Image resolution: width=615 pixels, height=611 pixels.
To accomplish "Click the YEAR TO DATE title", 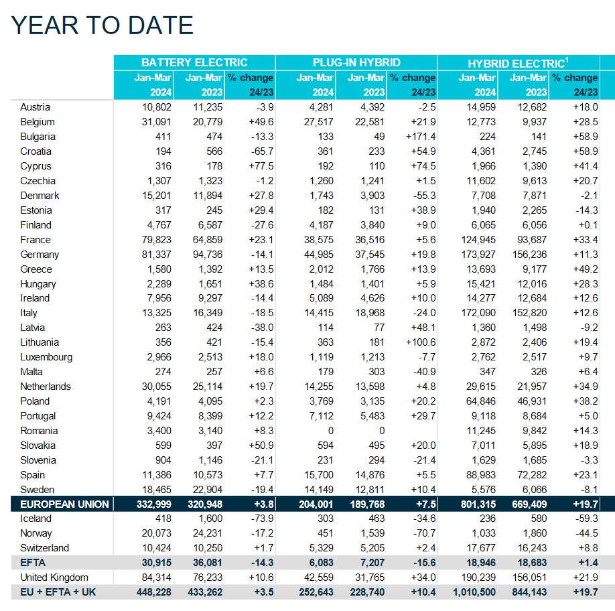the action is point(102,25).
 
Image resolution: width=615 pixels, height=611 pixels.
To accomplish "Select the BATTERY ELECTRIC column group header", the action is point(194,63).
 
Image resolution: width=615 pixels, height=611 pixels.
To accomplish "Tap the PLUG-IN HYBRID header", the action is point(356,63).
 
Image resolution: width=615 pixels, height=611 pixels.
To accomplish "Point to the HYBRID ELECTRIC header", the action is point(518,63).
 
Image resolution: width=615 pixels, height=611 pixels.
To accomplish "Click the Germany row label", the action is point(40,255).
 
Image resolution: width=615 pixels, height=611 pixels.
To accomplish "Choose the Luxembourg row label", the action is point(46,357).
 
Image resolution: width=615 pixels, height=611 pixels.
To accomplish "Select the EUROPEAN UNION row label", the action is point(64,504).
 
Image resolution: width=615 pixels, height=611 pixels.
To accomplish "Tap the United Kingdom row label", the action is point(54,578).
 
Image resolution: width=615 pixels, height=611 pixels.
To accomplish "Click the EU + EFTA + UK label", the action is point(58,592).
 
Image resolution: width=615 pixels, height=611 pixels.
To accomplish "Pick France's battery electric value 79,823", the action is point(157,240).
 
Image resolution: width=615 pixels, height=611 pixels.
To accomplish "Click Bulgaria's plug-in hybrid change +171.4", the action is point(421,137).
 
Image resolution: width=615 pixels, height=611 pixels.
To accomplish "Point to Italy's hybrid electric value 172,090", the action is point(478,313).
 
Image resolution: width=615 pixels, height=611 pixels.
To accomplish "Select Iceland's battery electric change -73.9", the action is point(262,519).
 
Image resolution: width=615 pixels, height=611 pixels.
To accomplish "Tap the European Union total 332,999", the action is point(154,504).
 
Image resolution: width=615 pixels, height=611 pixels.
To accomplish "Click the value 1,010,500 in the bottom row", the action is point(474,592).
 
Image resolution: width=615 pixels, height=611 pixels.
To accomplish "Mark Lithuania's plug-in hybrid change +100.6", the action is point(421,342).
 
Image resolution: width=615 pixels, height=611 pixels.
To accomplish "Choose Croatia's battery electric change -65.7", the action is point(262,151).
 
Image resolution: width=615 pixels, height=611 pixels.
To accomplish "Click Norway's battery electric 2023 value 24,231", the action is point(208,533).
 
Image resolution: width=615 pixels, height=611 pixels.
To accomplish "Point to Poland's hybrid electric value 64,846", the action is point(481,401).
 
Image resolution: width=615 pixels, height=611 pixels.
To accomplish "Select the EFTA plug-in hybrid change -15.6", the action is point(424,563).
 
